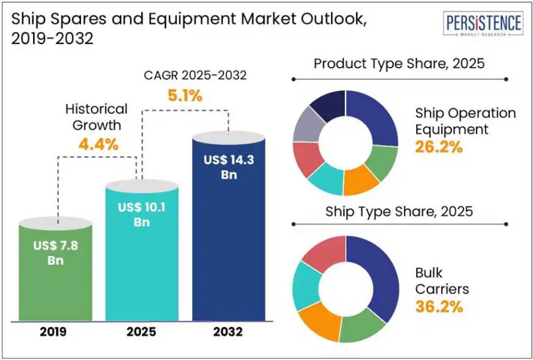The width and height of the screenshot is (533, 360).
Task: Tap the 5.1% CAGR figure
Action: (185, 96)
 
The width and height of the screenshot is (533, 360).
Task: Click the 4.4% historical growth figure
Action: (99, 145)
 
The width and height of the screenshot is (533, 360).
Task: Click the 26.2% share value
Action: (439, 148)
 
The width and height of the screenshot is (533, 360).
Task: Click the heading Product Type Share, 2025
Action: (399, 63)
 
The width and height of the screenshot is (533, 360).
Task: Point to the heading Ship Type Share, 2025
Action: (399, 212)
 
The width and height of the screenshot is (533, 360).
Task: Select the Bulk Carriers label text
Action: (442, 281)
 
